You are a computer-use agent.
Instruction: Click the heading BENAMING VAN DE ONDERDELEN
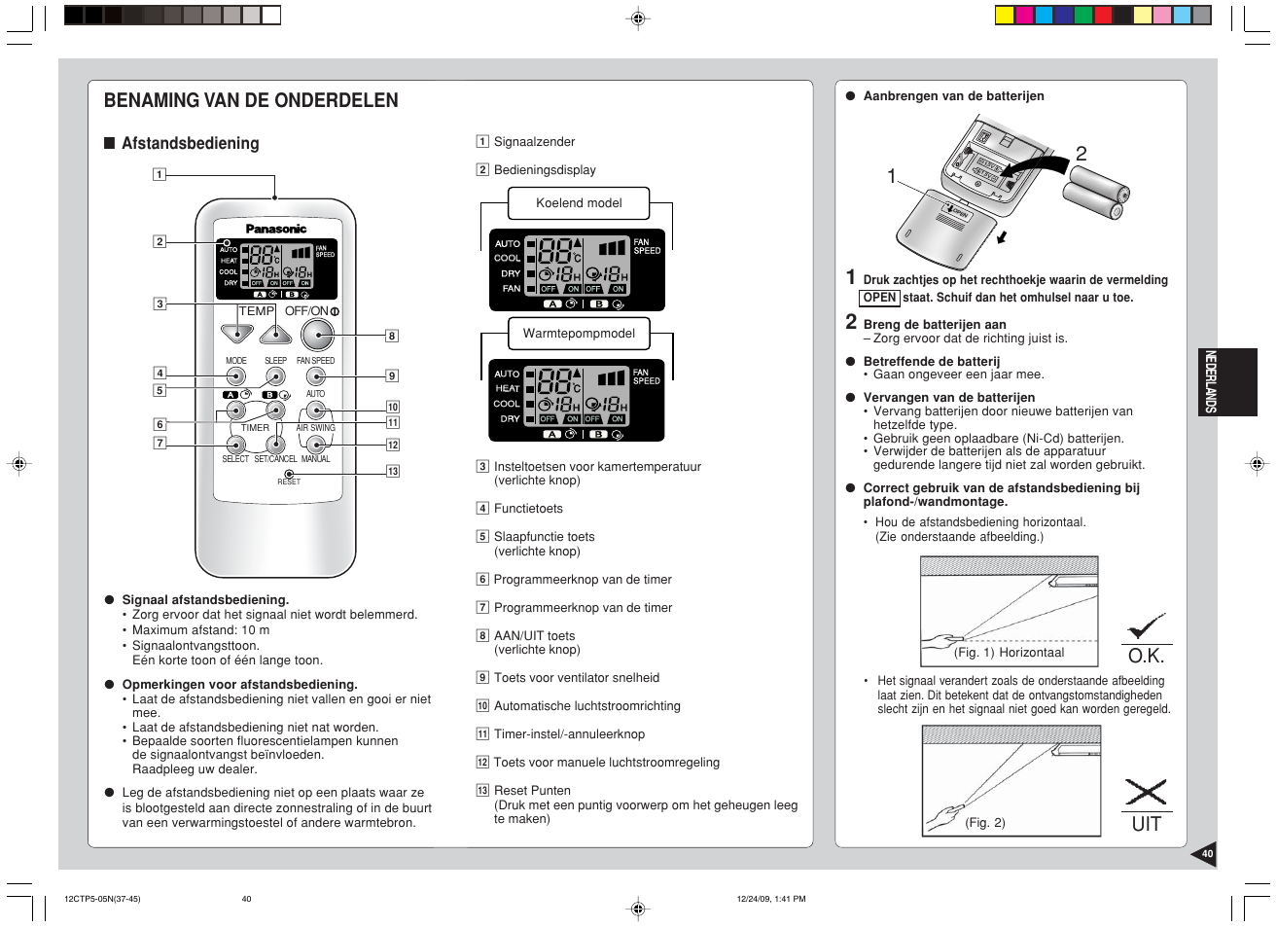pos(251,100)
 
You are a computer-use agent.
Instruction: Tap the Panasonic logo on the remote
pos(275,230)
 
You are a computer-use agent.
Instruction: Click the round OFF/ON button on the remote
pos(317,335)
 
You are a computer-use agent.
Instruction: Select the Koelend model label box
pos(579,203)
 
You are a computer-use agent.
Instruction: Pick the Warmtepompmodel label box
pos(579,334)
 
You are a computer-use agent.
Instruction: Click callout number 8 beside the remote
pos(392,336)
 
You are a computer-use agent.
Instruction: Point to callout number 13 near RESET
pos(393,471)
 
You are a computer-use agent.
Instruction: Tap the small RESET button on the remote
pos(289,474)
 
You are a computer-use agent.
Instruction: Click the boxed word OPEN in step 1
pos(879,298)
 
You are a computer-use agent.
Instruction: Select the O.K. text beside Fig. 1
pos(1146,656)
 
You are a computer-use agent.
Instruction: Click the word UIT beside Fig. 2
pos(1146,824)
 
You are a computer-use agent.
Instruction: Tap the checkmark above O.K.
pos(1146,626)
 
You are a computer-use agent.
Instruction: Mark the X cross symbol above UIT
pos(1146,792)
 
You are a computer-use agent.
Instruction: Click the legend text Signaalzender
pos(534,142)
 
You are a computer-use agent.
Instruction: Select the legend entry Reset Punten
pos(532,791)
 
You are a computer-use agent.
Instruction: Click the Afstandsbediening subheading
pos(190,144)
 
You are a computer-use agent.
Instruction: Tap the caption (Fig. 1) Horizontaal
pos(1009,653)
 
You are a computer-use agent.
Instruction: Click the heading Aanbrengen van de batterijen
pos(953,96)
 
